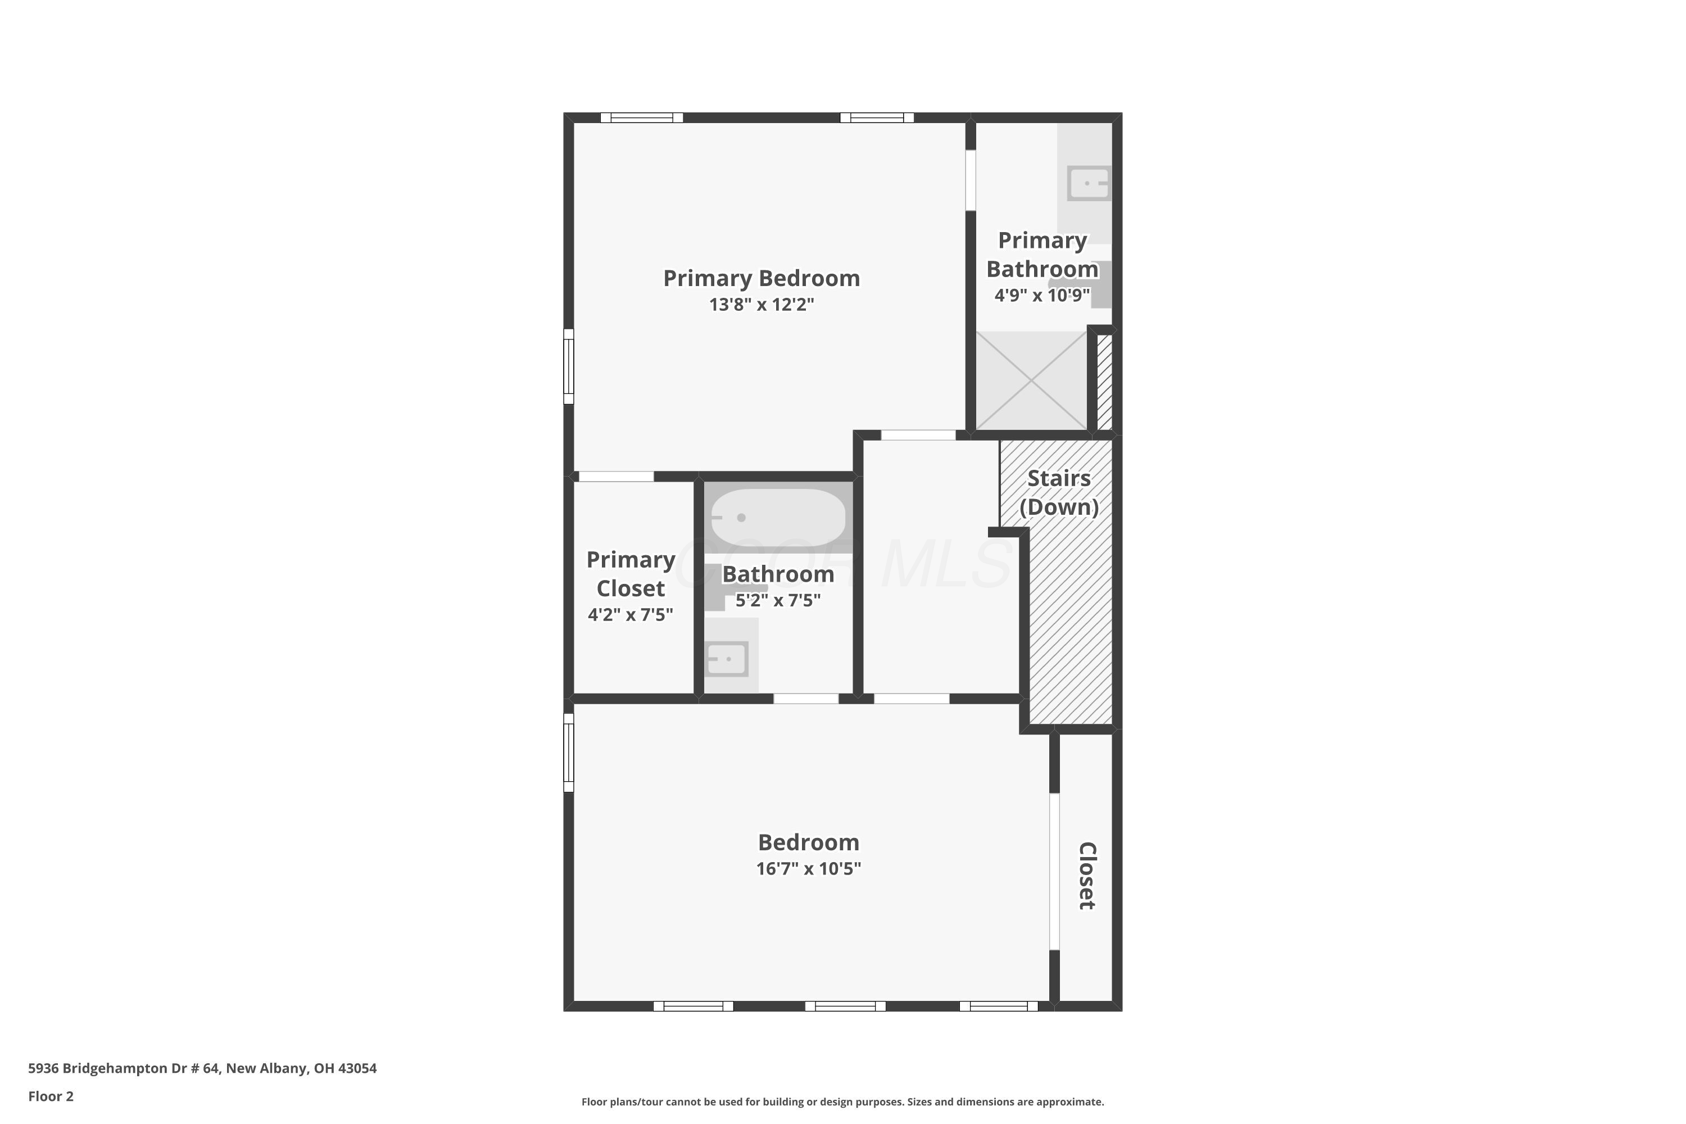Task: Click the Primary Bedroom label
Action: (762, 278)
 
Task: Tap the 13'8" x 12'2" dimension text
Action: (762, 305)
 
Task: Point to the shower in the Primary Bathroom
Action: (1031, 380)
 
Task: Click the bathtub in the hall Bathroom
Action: (778, 518)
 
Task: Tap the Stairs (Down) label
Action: (1059, 492)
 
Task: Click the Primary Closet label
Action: (631, 573)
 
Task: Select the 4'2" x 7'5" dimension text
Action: (631, 614)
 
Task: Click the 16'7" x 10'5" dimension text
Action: (809, 869)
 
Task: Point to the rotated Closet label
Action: (1087, 875)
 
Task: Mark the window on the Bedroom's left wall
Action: (568, 753)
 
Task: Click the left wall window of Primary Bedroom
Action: (568, 366)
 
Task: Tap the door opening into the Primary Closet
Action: (617, 477)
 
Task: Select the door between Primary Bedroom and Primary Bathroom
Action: (971, 180)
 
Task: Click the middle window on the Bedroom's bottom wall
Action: (845, 1007)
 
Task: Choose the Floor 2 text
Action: (51, 1096)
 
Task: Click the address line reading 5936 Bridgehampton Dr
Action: (202, 1068)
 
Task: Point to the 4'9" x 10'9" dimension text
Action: (1043, 296)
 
